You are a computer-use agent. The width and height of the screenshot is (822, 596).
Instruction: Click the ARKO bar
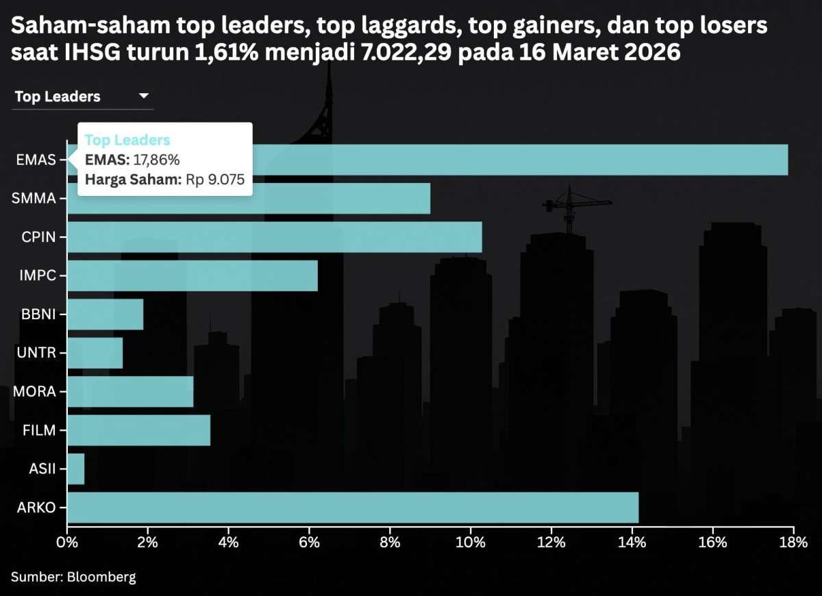[353, 508]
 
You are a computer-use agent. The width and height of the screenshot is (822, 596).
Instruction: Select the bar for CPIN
[274, 237]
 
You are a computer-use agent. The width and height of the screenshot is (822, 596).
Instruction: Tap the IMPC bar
[192, 276]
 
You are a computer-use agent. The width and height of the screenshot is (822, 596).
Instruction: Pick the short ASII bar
[75, 469]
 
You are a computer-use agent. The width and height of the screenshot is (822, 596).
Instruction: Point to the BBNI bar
[105, 314]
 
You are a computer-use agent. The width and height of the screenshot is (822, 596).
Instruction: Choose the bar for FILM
[139, 430]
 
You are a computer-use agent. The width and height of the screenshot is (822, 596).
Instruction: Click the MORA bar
[130, 392]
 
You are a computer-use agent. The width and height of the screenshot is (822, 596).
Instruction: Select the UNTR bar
[95, 353]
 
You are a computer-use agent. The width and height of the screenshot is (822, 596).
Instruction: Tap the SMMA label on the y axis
[35, 199]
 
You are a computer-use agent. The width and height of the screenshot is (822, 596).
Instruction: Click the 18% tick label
[793, 543]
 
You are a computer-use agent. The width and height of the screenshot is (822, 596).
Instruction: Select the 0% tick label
[67, 543]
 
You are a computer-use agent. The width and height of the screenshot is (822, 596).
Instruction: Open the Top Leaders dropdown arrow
[144, 96]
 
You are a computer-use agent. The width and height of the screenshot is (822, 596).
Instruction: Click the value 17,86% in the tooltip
[156, 160]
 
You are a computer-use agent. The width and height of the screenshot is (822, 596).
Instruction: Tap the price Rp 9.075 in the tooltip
[215, 180]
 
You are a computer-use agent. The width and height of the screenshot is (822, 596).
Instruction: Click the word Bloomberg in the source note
[101, 577]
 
